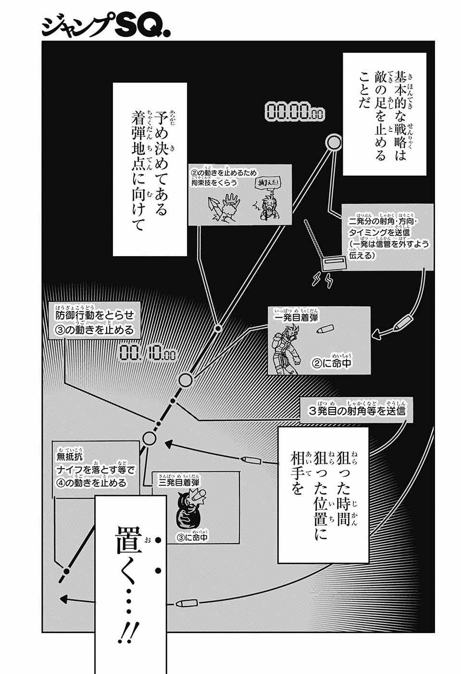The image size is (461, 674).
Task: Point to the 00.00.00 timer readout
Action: tap(294, 112)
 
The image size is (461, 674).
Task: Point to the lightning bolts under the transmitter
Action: tap(323, 280)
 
